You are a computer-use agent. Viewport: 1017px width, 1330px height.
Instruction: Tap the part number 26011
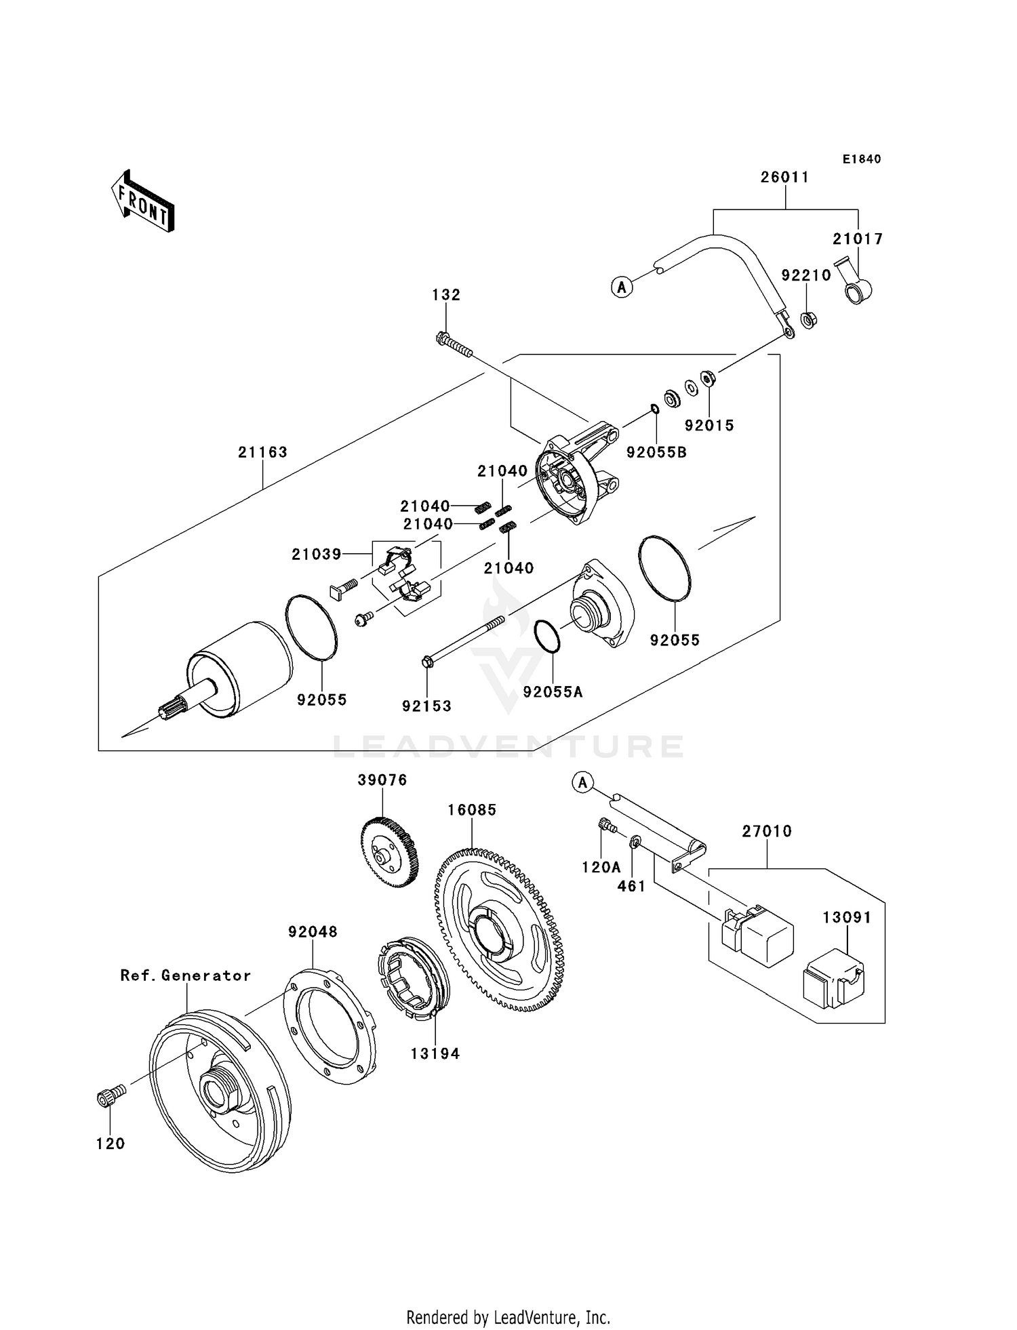[x=784, y=178]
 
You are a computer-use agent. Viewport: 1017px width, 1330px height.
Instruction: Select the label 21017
[x=858, y=239]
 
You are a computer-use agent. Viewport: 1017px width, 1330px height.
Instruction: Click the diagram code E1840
[x=862, y=159]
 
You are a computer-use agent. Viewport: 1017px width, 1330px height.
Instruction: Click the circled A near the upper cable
[x=621, y=287]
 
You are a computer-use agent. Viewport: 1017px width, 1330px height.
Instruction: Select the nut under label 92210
[x=807, y=318]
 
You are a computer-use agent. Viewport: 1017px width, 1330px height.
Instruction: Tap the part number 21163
[x=262, y=452]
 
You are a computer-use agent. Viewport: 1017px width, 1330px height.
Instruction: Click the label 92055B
[x=656, y=452]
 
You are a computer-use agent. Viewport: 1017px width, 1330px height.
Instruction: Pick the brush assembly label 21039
[x=316, y=554]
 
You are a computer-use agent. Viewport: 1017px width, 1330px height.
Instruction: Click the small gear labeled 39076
[x=389, y=853]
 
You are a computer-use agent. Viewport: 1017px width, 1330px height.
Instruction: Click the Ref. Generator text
[x=185, y=975]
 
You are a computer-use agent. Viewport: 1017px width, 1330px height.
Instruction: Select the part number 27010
[x=766, y=831]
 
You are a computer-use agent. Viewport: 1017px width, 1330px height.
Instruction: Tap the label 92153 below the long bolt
[x=426, y=706]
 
